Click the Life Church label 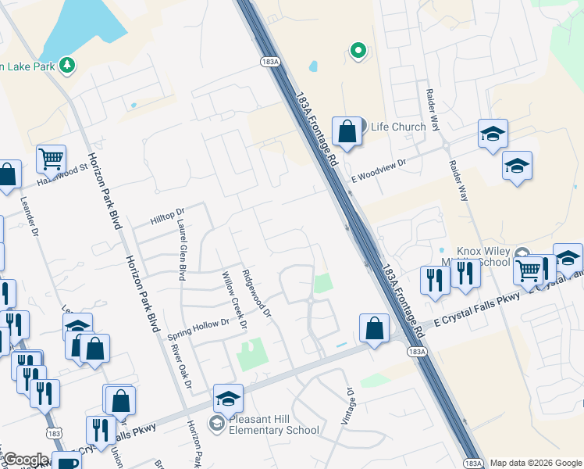click(x=398, y=127)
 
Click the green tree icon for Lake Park click(x=68, y=65)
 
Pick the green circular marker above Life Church click(x=358, y=52)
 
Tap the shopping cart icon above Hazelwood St click(x=51, y=158)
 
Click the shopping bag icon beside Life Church click(x=347, y=131)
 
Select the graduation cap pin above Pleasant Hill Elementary click(x=228, y=399)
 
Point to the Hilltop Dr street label click(x=168, y=212)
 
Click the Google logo click(x=26, y=460)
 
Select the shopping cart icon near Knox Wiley click(x=529, y=270)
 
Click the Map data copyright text click(x=535, y=463)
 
